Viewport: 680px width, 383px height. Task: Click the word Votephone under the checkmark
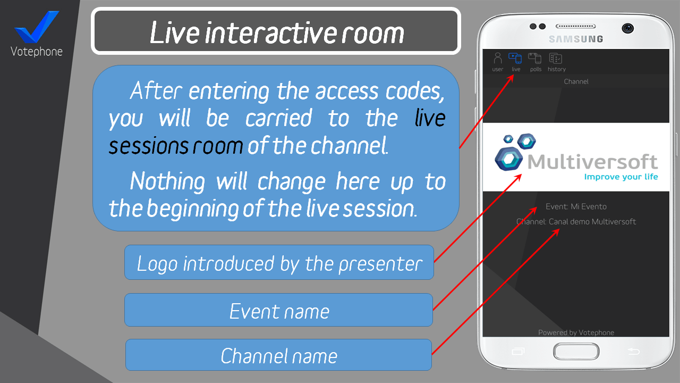37,52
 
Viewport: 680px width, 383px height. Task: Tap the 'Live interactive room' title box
276,31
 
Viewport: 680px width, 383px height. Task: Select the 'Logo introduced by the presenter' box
279,262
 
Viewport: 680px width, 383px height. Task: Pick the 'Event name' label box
279,310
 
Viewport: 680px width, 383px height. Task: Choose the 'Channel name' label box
279,355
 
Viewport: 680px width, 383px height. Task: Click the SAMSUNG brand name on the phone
576,39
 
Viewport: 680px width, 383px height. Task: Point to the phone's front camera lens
627,28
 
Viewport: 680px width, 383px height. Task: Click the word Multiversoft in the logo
592,161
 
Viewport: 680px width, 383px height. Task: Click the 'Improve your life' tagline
621,177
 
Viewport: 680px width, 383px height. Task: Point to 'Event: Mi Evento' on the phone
576,207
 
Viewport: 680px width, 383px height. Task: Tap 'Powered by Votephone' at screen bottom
576,332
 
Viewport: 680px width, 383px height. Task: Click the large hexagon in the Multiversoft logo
509,159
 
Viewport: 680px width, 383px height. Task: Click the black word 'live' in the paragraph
430,118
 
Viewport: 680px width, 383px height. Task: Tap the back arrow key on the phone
634,352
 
